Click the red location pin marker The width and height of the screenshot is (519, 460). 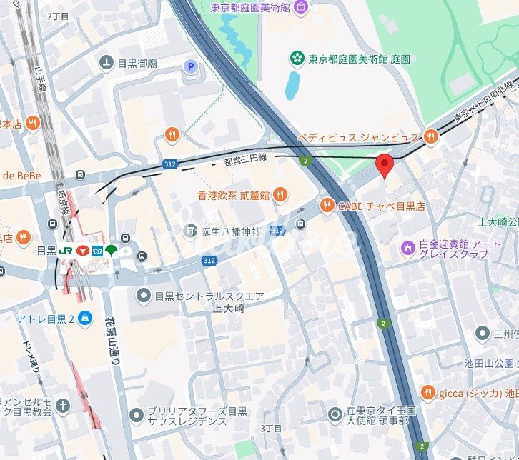point(385,164)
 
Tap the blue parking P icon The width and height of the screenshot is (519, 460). point(191,66)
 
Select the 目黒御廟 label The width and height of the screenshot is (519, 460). point(138,63)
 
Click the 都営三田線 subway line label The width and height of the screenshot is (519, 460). point(245,161)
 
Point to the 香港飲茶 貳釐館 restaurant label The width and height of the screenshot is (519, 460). point(234,194)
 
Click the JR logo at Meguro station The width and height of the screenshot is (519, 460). point(66,251)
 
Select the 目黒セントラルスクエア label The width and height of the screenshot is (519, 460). point(210,295)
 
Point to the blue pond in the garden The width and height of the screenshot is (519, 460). point(292,86)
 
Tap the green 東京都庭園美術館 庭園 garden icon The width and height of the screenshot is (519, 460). point(296,59)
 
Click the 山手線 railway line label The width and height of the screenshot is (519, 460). point(41,79)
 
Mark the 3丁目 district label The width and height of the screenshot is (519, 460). point(271,428)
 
